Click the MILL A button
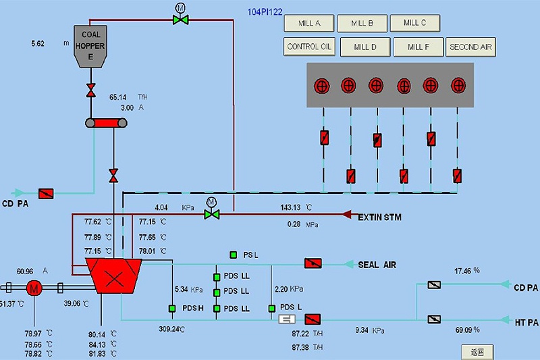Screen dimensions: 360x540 click(309, 23)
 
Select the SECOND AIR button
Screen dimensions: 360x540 click(470, 47)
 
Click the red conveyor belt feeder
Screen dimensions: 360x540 click(107, 123)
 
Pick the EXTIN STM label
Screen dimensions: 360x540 click(379, 217)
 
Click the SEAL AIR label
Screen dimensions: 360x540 click(377, 265)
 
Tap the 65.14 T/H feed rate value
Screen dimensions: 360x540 click(118, 97)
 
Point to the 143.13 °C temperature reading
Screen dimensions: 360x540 click(294, 207)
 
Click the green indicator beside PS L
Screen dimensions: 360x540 click(234, 255)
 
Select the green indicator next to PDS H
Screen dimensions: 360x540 click(172, 309)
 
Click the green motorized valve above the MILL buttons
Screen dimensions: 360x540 click(180, 19)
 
